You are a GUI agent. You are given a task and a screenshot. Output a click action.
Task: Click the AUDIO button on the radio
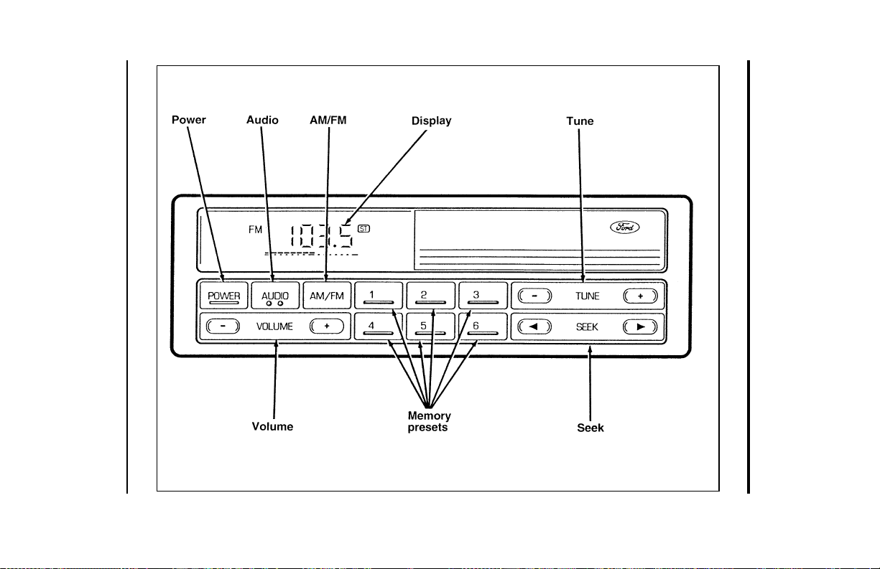point(275,296)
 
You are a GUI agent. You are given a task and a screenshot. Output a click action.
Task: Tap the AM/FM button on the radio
point(327,296)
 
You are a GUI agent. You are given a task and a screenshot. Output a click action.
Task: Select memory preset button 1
point(379,296)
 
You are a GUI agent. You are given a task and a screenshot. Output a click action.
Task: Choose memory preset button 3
point(483,296)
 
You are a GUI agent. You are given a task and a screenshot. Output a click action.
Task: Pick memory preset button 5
point(430,326)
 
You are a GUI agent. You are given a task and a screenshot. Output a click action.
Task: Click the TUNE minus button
point(534,296)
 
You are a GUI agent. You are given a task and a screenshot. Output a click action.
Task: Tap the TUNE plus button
point(640,296)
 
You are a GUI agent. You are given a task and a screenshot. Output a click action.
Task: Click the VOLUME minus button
point(223,326)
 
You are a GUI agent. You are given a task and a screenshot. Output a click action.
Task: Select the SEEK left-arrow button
point(534,326)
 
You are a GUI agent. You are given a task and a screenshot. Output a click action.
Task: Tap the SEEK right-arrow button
point(640,326)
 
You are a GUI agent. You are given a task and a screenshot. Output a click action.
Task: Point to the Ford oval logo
point(625,227)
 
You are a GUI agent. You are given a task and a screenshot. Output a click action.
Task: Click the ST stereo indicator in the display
point(363,228)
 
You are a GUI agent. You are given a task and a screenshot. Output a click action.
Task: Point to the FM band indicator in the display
point(255,230)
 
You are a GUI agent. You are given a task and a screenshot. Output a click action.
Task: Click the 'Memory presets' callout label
point(429,421)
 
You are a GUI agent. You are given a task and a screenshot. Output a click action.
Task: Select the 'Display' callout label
point(431,121)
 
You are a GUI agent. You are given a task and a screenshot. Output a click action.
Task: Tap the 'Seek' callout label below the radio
point(590,428)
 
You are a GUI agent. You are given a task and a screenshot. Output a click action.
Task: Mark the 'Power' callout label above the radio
point(188,120)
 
